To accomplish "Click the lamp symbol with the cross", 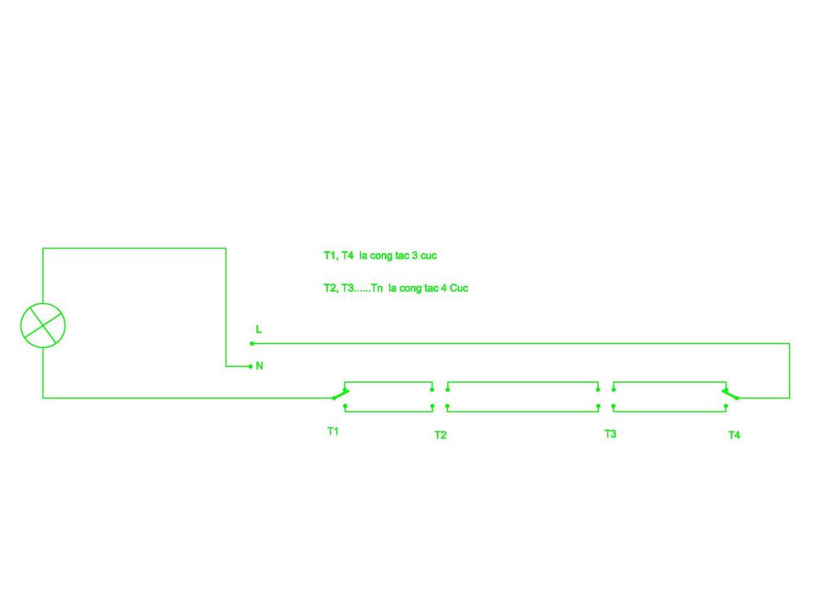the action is pyautogui.click(x=43, y=326).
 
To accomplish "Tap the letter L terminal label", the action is pyautogui.click(x=258, y=329).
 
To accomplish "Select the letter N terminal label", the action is pyautogui.click(x=260, y=366).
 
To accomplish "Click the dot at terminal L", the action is pyautogui.click(x=252, y=344).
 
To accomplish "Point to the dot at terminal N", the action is pyautogui.click(x=251, y=367).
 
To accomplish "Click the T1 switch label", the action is pyautogui.click(x=333, y=431).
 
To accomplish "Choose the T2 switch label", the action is pyautogui.click(x=441, y=435).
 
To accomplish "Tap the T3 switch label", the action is pyautogui.click(x=610, y=434).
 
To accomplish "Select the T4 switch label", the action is pyautogui.click(x=734, y=435).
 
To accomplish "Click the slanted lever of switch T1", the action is pyautogui.click(x=340, y=394).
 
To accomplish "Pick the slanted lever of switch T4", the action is pyautogui.click(x=731, y=394).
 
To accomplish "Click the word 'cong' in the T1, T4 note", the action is pyautogui.click(x=381, y=256).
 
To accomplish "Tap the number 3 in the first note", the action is pyautogui.click(x=415, y=255).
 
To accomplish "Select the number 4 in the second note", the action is pyautogui.click(x=444, y=288).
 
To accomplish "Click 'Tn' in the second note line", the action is pyautogui.click(x=376, y=288).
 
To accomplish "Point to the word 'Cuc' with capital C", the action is pyautogui.click(x=459, y=288).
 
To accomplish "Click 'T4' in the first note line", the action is pyautogui.click(x=347, y=255).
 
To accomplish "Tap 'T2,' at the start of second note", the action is pyautogui.click(x=331, y=288).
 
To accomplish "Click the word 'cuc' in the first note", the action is pyautogui.click(x=428, y=256).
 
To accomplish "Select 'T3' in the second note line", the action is pyautogui.click(x=348, y=288).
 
